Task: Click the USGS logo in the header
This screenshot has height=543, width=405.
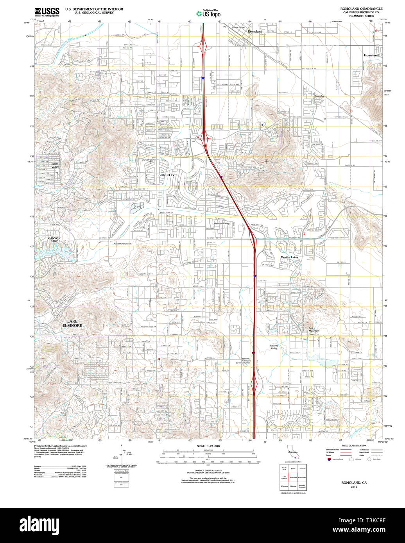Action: coord(47,11)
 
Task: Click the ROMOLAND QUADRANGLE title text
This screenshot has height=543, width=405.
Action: coord(361,8)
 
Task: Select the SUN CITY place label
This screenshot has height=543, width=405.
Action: coord(167,175)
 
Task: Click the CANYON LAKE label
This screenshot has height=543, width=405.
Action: coord(54,239)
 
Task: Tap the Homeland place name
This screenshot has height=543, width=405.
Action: coord(371,55)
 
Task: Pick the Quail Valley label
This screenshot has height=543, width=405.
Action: coord(55,165)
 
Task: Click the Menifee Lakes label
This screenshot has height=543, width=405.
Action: coord(289,257)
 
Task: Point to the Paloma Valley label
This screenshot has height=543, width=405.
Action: coord(277,347)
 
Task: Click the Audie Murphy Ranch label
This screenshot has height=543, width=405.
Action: coord(123,243)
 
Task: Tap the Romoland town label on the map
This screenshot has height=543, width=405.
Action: coord(255,31)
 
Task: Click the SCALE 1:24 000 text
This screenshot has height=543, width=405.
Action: coord(208,446)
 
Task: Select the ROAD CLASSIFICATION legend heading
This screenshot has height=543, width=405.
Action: coord(353,446)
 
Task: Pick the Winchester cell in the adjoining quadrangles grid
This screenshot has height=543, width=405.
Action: coord(302,477)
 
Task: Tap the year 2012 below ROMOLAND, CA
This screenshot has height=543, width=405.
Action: coord(354,487)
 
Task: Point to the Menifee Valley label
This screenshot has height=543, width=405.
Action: coord(221,223)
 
